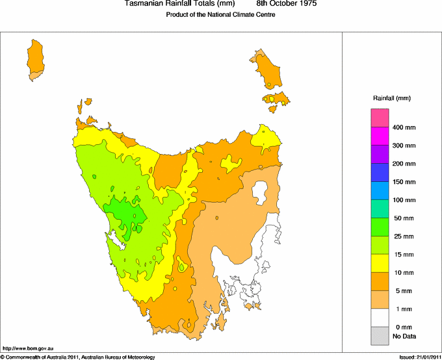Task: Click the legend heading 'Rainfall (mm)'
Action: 391,98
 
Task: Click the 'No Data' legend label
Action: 404,336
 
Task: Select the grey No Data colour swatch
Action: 380,335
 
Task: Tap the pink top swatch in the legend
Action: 380,118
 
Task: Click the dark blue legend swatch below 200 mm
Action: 380,172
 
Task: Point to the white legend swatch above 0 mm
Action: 380,317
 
